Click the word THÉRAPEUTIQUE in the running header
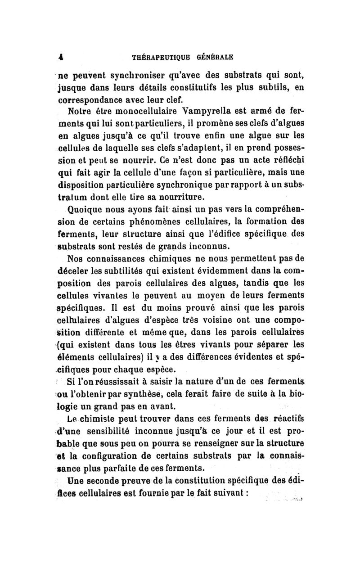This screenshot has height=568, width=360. [x=159, y=58]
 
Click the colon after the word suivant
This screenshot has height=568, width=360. [x=247, y=492]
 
